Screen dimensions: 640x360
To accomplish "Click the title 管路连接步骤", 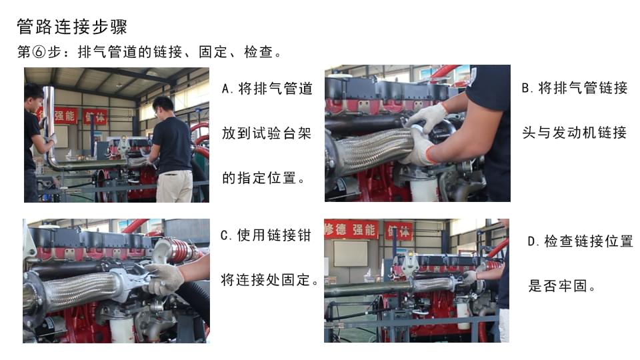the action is click(x=72, y=27).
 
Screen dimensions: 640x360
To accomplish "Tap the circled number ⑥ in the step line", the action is click(x=39, y=52).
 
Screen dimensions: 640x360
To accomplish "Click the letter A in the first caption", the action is click(x=226, y=89).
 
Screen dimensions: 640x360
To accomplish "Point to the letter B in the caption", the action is click(x=526, y=88).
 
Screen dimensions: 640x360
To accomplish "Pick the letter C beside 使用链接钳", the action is click(x=225, y=235).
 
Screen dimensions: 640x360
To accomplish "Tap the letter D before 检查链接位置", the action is click(x=531, y=241).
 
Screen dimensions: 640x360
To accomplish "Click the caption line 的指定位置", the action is click(x=263, y=178).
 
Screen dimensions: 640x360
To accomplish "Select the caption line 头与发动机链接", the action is click(x=574, y=132).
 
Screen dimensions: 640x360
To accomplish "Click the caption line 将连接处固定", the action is click(x=269, y=280).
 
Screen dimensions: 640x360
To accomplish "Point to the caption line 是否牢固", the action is click(x=561, y=286).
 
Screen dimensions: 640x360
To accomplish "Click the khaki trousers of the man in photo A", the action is click(x=175, y=186).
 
